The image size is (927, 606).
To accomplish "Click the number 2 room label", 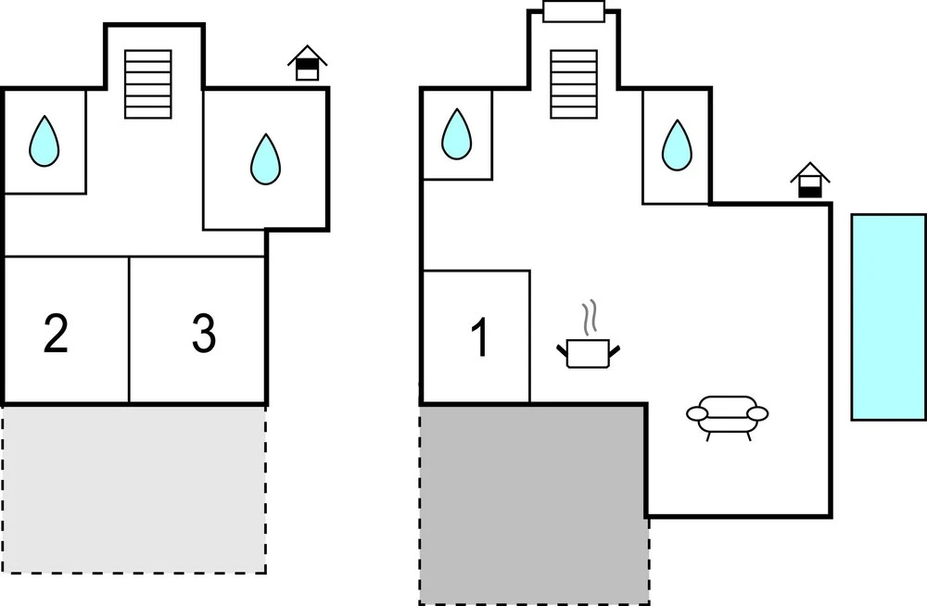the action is click(56, 334).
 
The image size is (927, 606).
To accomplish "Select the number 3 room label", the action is click(204, 333).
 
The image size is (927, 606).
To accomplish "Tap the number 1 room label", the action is click(480, 337).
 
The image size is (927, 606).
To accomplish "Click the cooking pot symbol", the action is click(589, 353).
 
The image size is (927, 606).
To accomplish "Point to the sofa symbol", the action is click(727, 417).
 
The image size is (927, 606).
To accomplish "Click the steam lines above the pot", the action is click(590, 318).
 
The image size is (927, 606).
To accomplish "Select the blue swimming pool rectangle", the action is click(889, 318).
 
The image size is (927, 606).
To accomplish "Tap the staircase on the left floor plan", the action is click(148, 84).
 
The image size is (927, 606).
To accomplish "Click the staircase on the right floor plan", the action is click(574, 84).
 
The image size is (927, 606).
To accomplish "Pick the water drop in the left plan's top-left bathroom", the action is click(44, 141).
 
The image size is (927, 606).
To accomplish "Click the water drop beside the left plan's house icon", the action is click(265, 159).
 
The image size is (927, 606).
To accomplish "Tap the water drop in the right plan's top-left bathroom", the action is click(456, 134).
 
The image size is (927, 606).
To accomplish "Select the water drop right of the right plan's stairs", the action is click(677, 145).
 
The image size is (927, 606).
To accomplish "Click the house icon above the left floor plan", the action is click(308, 63).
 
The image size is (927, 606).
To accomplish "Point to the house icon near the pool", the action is click(810, 180).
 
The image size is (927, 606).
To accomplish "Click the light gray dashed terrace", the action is click(134, 489).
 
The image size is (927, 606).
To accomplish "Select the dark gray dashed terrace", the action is click(534, 504).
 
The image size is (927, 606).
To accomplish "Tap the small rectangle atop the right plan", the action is click(574, 11).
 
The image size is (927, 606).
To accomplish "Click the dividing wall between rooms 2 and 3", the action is click(129, 330).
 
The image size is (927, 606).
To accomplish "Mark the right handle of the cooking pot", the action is click(615, 352).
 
